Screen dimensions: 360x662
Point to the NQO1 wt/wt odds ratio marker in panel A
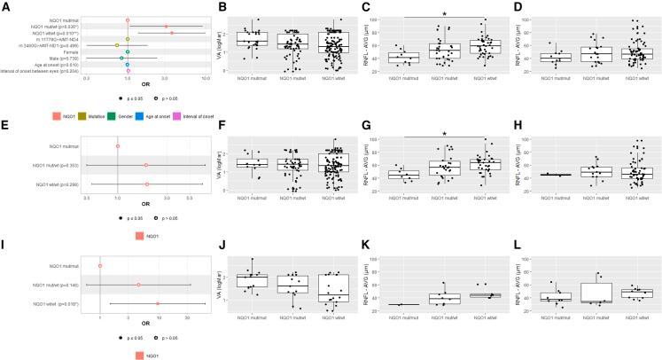click(x=172, y=33)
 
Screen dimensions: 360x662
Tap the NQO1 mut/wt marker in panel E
click(x=148, y=165)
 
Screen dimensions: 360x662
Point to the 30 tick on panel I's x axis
click(x=187, y=317)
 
